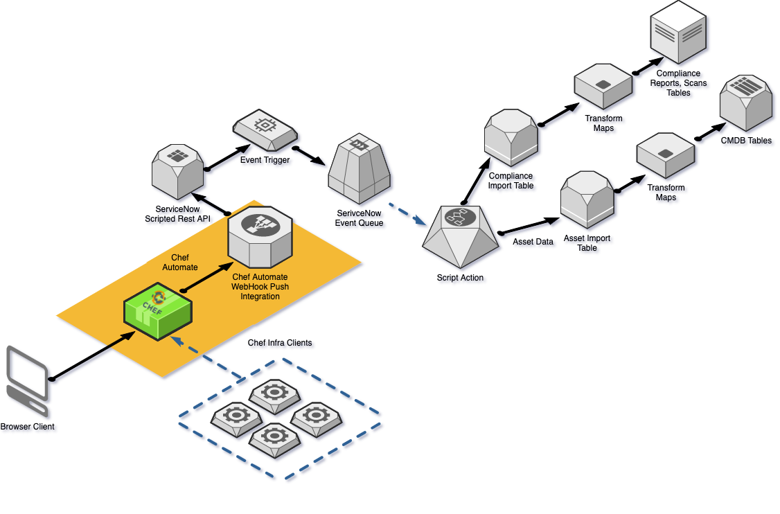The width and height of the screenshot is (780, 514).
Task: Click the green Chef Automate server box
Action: click(158, 311)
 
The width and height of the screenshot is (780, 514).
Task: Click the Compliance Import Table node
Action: click(511, 135)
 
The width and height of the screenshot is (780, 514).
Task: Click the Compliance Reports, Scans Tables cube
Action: click(679, 34)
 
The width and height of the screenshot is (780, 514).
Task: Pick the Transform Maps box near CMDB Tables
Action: click(665, 154)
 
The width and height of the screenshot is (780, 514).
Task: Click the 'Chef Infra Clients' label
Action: click(280, 344)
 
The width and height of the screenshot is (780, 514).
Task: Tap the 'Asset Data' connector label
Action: click(534, 242)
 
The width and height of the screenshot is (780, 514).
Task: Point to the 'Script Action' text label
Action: click(461, 278)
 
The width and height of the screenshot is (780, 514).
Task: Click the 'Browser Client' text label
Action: click(28, 427)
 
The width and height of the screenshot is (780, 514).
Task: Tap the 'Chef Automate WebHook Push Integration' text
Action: click(260, 287)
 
